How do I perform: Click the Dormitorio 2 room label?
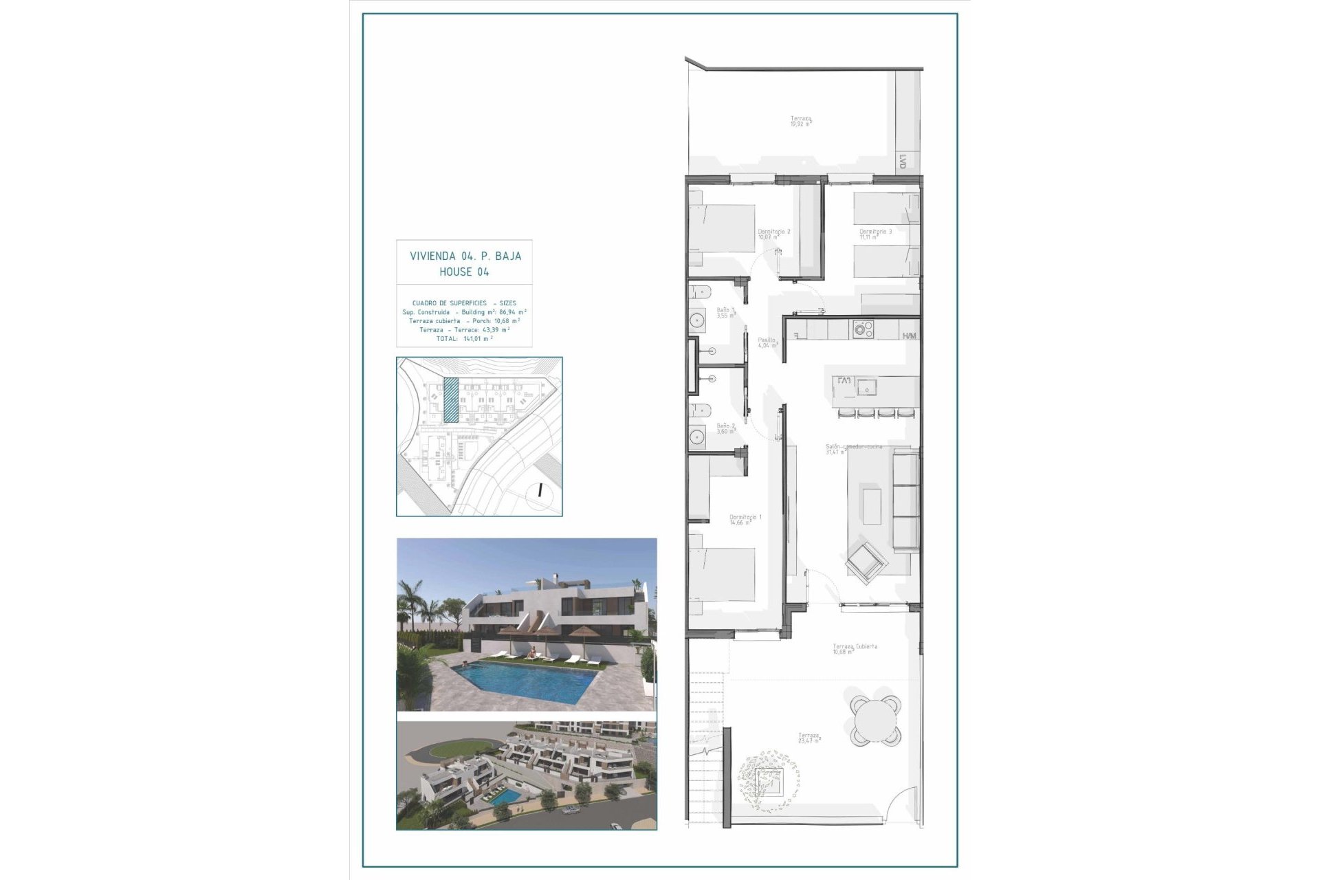click(x=773, y=232)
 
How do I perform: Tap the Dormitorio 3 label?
click(x=875, y=232)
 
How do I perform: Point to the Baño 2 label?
click(x=725, y=426)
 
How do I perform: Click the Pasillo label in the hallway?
click(x=767, y=340)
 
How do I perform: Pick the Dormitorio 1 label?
click(x=745, y=516)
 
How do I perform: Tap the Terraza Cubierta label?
click(x=855, y=647)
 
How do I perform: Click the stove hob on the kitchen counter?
click(x=862, y=329)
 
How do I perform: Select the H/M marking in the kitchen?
click(x=909, y=336)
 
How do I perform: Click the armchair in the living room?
click(x=866, y=558)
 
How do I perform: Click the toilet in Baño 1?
click(x=698, y=291)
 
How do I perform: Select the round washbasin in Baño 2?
click(x=698, y=436)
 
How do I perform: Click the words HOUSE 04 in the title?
click(x=465, y=272)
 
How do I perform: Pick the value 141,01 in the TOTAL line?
click(x=473, y=339)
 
